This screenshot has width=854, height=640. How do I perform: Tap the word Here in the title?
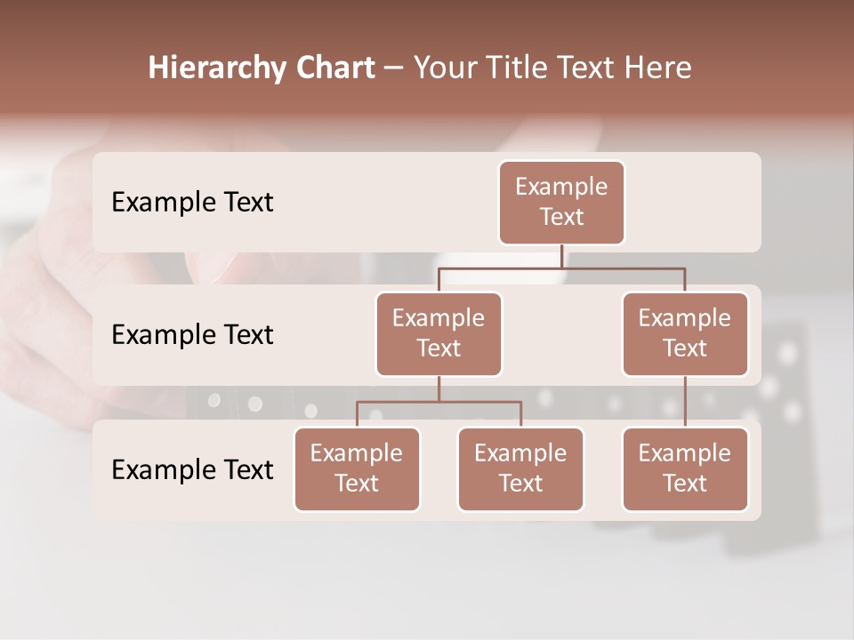click(659, 68)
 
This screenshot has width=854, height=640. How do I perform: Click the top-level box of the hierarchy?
click(561, 202)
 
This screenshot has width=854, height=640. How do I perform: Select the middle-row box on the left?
click(439, 333)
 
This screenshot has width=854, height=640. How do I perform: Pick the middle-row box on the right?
click(685, 333)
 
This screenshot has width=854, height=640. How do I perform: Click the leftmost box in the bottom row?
click(357, 468)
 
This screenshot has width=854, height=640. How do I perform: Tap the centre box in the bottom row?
click(520, 468)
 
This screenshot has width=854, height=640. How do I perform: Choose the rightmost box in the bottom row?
click(685, 468)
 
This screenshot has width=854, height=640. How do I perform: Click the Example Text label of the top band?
click(192, 203)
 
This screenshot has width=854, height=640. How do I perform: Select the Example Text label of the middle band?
click(192, 335)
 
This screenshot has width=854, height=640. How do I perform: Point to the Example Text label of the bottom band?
click(192, 469)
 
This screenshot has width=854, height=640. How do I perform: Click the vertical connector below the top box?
click(561, 256)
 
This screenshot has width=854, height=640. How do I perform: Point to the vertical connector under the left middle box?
click(439, 389)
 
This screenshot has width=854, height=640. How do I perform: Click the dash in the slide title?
click(393, 68)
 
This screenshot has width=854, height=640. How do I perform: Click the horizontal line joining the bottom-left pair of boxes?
click(439, 402)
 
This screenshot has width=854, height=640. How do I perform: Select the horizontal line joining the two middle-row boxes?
click(561, 268)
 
